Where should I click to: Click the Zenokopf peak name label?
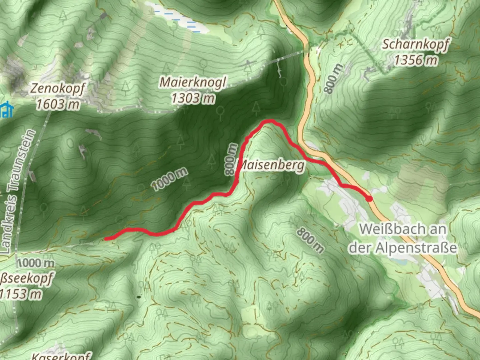click(x=58, y=89)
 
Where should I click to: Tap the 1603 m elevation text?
click(x=58, y=104)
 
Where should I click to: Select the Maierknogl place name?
click(x=193, y=82)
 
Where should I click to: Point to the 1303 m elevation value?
click(x=193, y=98)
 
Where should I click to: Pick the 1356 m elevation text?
click(x=416, y=60)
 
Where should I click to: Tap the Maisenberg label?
click(x=271, y=165)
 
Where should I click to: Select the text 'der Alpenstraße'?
click(x=402, y=247)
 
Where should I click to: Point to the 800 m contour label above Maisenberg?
click(x=231, y=159)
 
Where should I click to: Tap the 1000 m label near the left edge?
click(x=35, y=263)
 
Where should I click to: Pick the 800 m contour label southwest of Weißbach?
click(x=310, y=240)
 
